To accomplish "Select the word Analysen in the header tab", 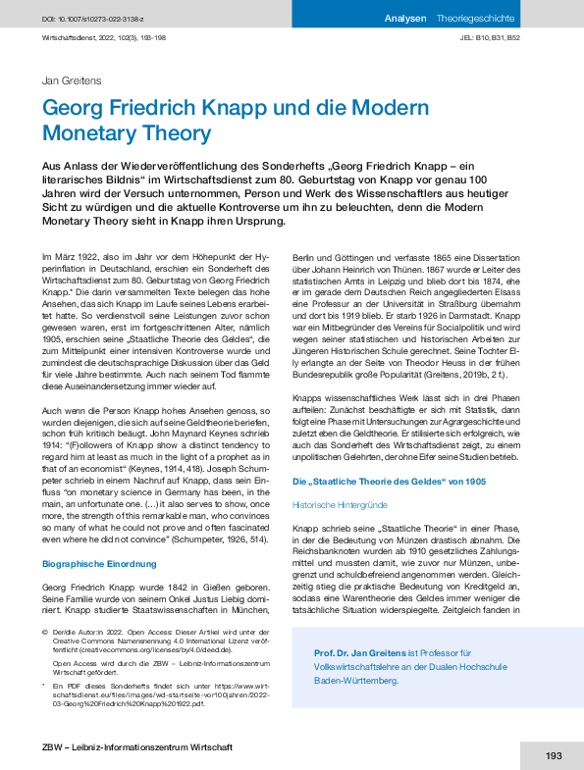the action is pos(405,18).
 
